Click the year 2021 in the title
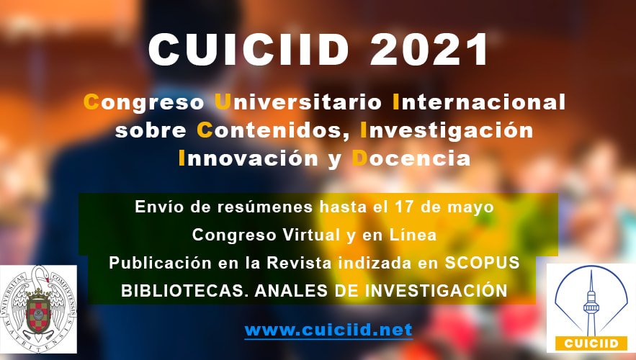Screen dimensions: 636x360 click(x=429, y=50)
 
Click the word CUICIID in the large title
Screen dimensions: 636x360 click(x=248, y=50)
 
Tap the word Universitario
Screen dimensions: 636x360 click(x=298, y=102)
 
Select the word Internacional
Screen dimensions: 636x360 click(x=479, y=102)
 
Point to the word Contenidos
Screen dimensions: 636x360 click(x=273, y=131)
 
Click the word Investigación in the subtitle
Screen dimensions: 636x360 click(x=447, y=130)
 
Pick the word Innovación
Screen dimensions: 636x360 click(x=248, y=158)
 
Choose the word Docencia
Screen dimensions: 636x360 click(x=411, y=158)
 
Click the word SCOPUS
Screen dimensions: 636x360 click(x=483, y=263)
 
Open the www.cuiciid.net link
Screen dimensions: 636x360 click(x=328, y=330)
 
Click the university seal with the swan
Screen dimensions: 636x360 click(x=38, y=309)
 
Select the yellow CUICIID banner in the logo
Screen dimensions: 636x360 click(x=591, y=343)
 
